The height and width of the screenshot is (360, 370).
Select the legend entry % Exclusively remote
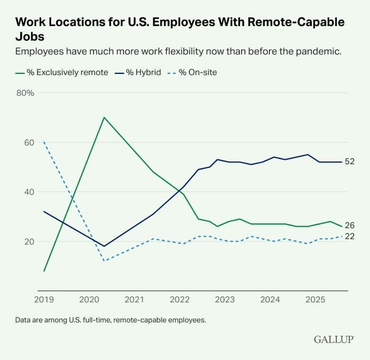62,72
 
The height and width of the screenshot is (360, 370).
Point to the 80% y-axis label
25,93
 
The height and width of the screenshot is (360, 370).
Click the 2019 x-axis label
44,300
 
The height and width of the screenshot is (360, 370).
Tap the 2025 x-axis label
316,300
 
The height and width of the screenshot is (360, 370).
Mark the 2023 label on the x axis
225,300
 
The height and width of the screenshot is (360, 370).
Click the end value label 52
350,162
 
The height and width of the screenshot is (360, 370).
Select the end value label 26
350,226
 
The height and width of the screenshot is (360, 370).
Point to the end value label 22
350,236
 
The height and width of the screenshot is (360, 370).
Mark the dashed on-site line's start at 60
44,142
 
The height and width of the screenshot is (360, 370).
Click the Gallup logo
334,339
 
